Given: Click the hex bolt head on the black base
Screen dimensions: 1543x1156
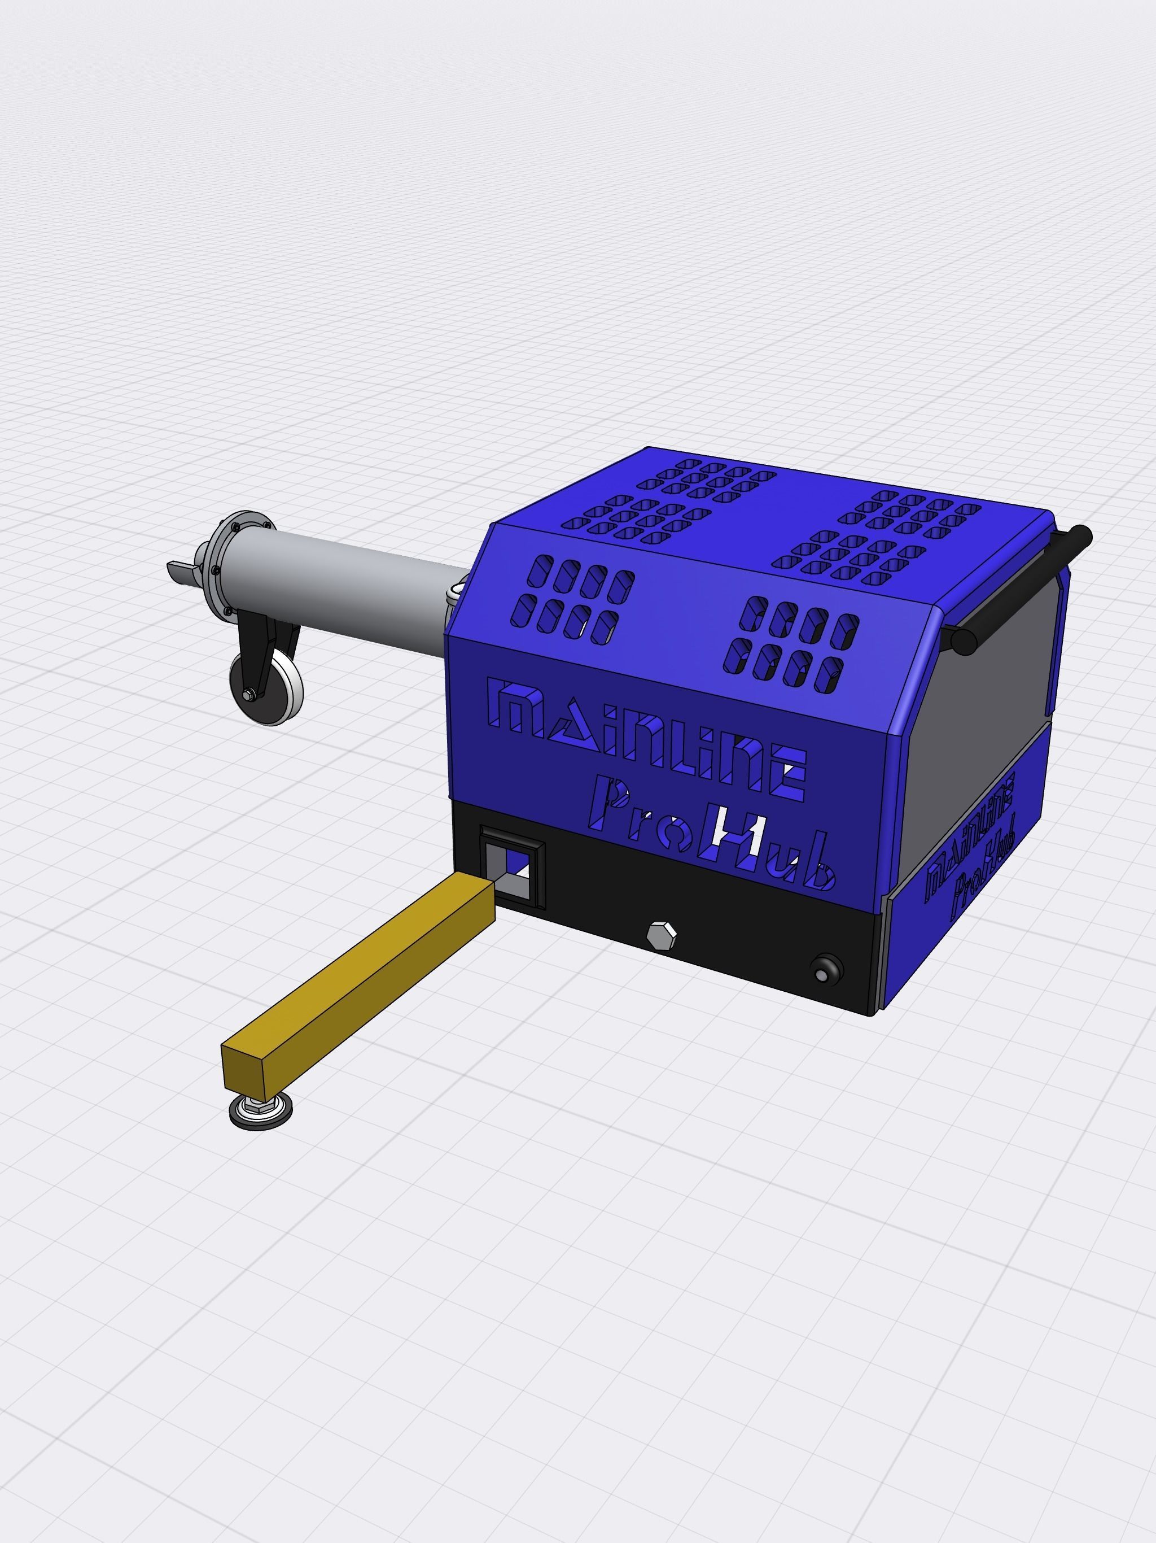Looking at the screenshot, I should click(x=661, y=935).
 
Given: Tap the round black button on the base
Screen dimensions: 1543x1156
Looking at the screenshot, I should click(x=826, y=970).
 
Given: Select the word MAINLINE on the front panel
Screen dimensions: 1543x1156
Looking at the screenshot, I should click(x=649, y=739).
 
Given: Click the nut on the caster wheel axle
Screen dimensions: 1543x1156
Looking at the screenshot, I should click(x=249, y=695).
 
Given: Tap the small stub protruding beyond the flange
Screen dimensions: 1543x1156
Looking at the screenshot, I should click(x=180, y=570).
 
